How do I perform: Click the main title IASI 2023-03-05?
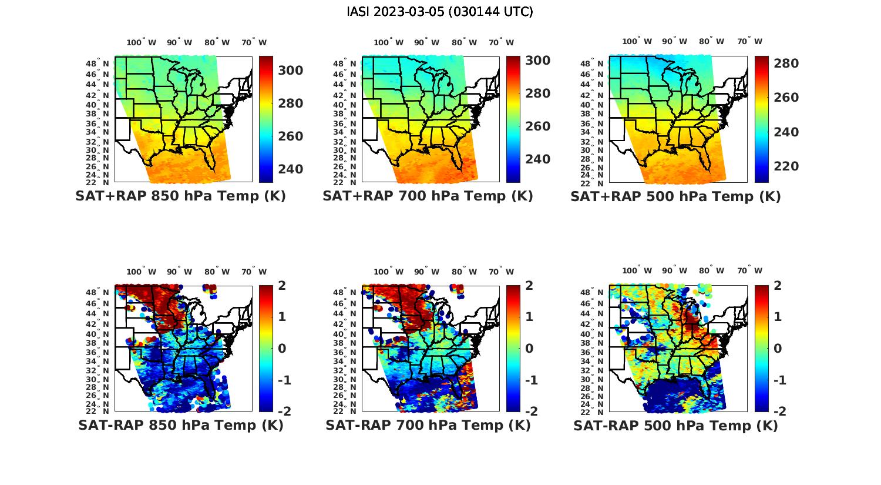pyautogui.click(x=440, y=12)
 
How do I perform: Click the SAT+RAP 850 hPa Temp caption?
pyautogui.click(x=180, y=196)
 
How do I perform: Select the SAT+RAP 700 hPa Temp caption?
pyautogui.click(x=428, y=196)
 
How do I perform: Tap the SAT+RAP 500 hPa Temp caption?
pyautogui.click(x=675, y=197)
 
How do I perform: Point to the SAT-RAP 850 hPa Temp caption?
pyautogui.click(x=181, y=425)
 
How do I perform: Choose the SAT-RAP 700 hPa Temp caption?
pyautogui.click(x=428, y=425)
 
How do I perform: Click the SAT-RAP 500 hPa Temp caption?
pyautogui.click(x=675, y=426)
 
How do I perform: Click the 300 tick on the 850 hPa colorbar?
pyautogui.click(x=290, y=71)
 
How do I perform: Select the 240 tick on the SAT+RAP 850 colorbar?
pyautogui.click(x=290, y=169)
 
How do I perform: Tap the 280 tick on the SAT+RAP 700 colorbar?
pyautogui.click(x=537, y=93)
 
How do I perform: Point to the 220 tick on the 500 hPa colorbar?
pyautogui.click(x=786, y=166)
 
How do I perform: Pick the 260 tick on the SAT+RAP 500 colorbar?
pyautogui.click(x=786, y=98)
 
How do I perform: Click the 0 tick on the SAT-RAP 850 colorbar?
pyautogui.click(x=282, y=349)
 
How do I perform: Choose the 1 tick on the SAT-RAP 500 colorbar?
pyautogui.click(x=778, y=317)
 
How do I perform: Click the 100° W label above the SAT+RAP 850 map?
pyautogui.click(x=141, y=42)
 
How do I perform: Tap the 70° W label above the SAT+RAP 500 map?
pyautogui.click(x=750, y=41)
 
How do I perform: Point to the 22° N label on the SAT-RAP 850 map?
pyautogui.click(x=97, y=411)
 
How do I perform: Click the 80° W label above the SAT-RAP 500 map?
pyautogui.click(x=711, y=270)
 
